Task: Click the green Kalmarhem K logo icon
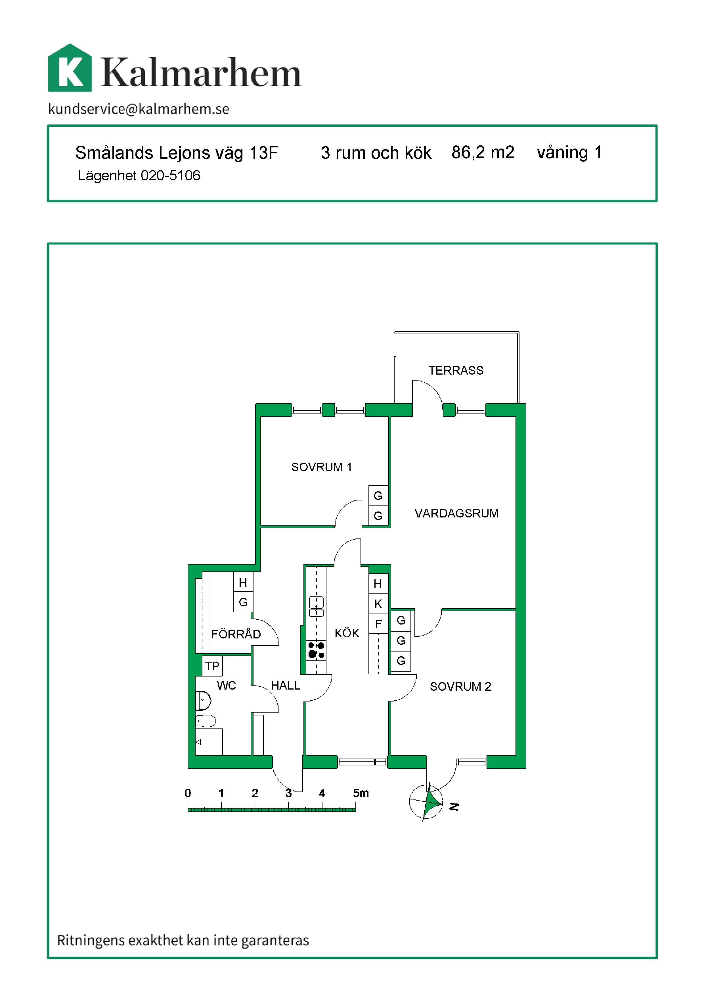[70, 68]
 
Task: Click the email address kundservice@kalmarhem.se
[139, 109]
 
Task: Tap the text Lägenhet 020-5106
[139, 176]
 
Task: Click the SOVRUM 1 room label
[322, 467]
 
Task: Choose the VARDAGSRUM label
[456, 513]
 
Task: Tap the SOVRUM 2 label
[460, 687]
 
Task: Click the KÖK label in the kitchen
[347, 633]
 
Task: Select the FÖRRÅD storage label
[236, 634]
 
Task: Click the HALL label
[285, 685]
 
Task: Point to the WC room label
[226, 685]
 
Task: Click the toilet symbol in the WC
[206, 721]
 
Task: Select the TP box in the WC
[212, 666]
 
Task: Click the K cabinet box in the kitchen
[378, 604]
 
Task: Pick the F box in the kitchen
[378, 624]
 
